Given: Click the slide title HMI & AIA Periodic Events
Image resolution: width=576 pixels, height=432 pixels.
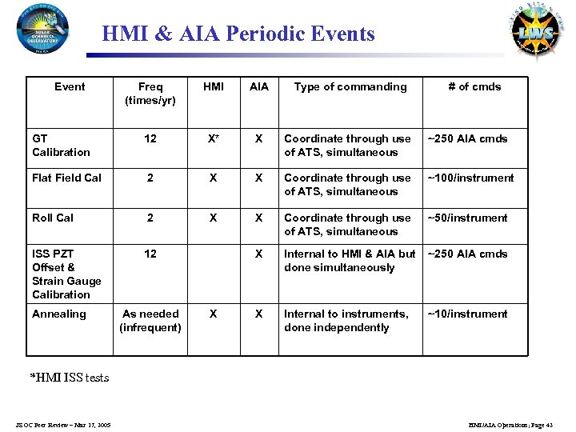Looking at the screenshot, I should pyautogui.click(x=238, y=34).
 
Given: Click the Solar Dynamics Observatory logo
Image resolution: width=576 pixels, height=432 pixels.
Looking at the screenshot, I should pyautogui.click(x=42, y=31).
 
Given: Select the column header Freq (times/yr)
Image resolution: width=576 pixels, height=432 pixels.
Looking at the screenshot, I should pyautogui.click(x=150, y=94).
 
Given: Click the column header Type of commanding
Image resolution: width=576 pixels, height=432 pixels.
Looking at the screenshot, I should pyautogui.click(x=350, y=86).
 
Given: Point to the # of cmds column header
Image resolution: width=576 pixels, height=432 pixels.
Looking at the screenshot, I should pyautogui.click(x=474, y=86).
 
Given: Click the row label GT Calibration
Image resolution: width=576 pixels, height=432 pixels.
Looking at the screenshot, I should pyautogui.click(x=61, y=145).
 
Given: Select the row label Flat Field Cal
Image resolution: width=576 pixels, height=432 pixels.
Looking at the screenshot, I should pyautogui.click(x=66, y=178).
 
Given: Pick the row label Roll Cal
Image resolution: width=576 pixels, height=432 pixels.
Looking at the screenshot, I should pyautogui.click(x=53, y=218).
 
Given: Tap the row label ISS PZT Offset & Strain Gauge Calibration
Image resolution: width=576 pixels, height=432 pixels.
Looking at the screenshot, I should pyautogui.click(x=66, y=274).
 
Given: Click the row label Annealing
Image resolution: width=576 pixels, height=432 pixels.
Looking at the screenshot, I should pyautogui.click(x=58, y=314).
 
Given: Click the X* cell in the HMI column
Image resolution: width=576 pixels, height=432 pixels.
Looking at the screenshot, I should pyautogui.click(x=214, y=138).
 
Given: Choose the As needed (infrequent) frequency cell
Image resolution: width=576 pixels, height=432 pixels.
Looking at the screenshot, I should pyautogui.click(x=150, y=320).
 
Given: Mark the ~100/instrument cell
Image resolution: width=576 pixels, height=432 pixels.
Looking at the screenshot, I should pyautogui.click(x=471, y=178).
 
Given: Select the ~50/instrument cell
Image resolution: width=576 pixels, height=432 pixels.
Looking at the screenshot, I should pyautogui.click(x=468, y=218).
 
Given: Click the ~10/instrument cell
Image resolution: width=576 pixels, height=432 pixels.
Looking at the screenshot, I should pyautogui.click(x=468, y=314).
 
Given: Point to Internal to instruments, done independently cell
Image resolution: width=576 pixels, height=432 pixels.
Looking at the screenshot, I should pyautogui.click(x=346, y=320).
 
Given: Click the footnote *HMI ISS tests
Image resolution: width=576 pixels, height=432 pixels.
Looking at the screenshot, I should pyautogui.click(x=70, y=378).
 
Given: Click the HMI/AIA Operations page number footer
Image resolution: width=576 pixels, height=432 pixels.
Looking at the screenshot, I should pyautogui.click(x=509, y=424).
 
